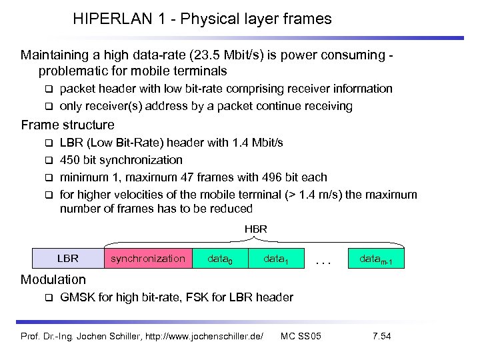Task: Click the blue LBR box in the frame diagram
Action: [68, 258]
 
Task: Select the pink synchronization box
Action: [148, 258]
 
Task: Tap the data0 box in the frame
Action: [221, 258]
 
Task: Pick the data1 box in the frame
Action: [276, 258]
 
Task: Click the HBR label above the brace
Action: [255, 229]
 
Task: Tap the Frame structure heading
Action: [67, 125]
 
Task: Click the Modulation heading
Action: [53, 279]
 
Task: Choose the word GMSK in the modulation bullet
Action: [77, 297]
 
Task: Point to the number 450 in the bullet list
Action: [69, 160]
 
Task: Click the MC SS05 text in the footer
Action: [301, 335]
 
